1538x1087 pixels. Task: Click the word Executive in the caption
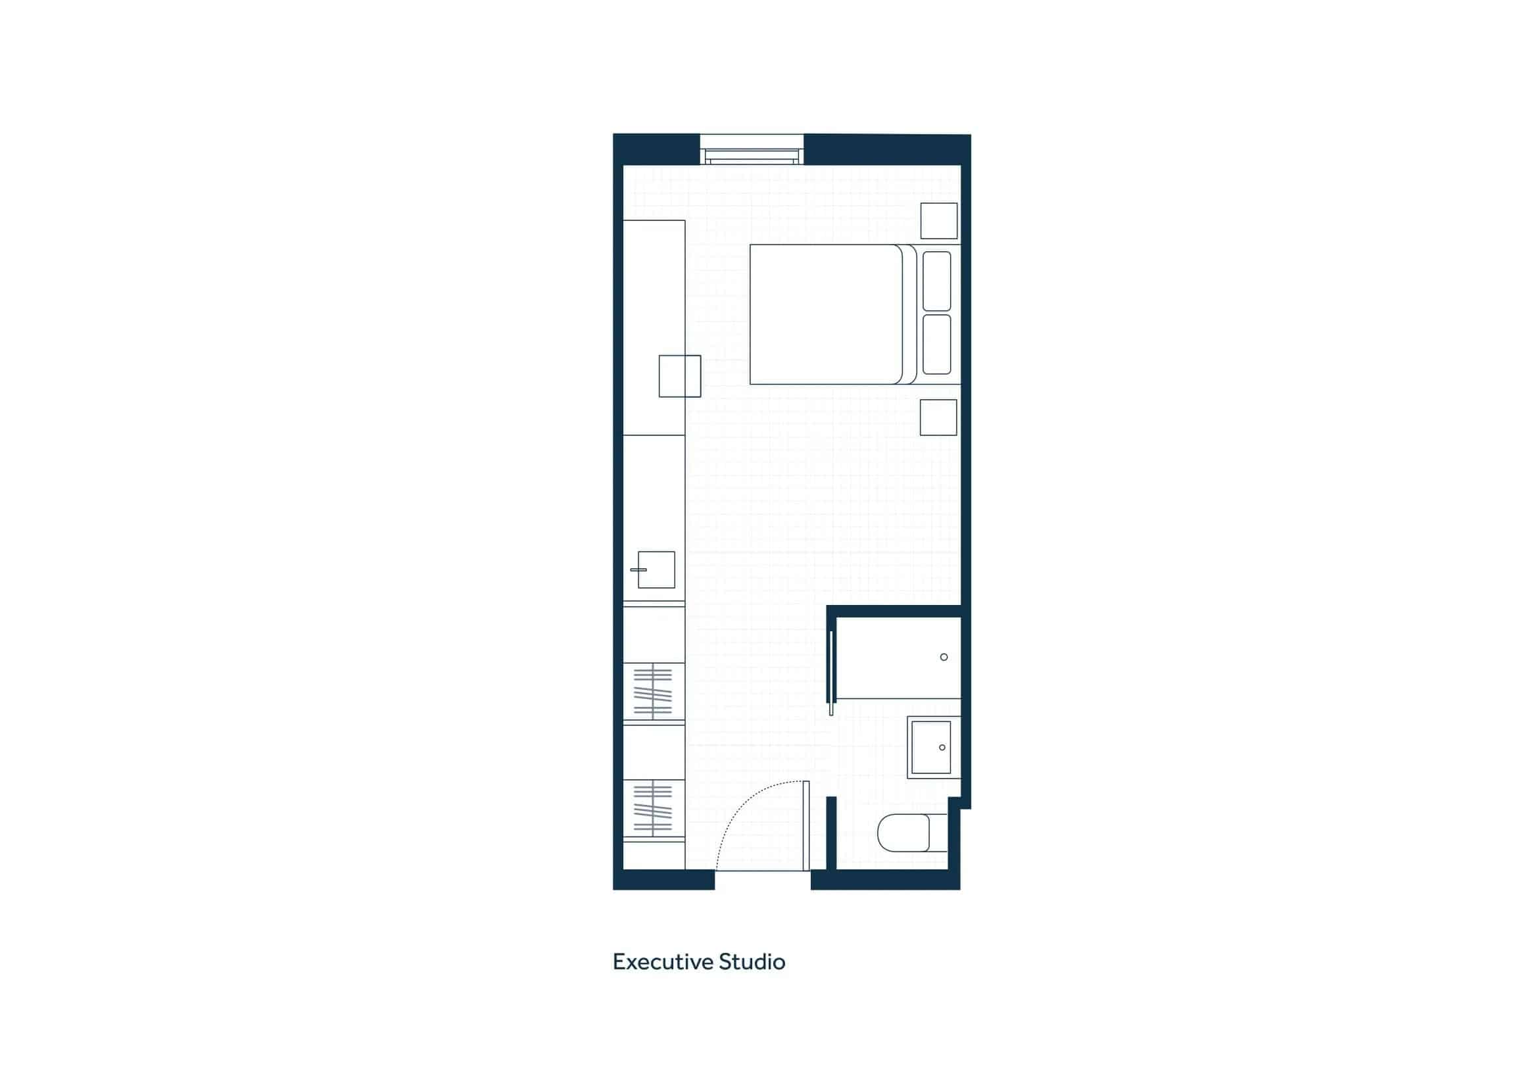663,963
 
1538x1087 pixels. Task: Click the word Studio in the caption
752,963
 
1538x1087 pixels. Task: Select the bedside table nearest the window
938,221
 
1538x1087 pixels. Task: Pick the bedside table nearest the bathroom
938,418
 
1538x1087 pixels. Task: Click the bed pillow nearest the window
936,281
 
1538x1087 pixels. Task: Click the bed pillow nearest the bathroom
936,345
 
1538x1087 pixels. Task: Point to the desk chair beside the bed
679,376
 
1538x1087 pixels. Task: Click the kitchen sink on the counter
656,570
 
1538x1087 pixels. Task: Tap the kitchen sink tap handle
638,570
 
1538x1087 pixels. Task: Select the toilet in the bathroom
904,833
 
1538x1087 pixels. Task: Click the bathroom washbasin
931,748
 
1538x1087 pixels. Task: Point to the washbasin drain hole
942,748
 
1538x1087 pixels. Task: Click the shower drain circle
944,657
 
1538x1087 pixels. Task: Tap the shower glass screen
831,673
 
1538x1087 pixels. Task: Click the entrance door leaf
806,826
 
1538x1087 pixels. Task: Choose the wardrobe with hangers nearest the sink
653,692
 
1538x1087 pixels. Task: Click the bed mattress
825,314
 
